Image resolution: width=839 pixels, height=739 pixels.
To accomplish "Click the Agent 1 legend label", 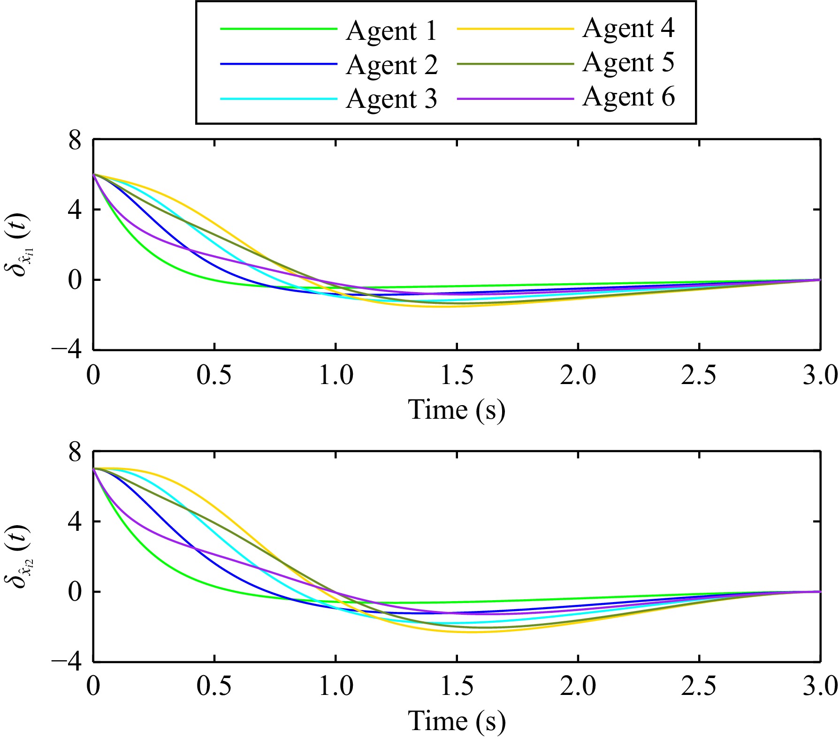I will (391, 31).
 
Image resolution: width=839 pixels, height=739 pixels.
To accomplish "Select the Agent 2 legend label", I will (392, 65).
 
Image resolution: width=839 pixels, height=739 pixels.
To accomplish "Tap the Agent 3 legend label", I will (391, 99).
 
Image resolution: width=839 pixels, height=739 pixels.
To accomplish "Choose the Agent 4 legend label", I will (628, 29).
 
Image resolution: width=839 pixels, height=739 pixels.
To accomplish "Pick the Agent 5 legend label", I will (628, 63).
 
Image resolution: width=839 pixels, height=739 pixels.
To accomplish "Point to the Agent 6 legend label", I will (628, 97).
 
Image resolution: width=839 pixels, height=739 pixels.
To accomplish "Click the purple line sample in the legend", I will (515, 99).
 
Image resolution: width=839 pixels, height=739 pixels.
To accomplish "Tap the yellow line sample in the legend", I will (515, 29).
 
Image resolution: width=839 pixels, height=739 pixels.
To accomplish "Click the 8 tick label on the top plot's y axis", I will (75, 140).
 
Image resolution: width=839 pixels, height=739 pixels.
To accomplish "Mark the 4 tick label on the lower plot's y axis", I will (75, 522).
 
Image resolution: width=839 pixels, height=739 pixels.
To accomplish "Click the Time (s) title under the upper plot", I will (457, 410).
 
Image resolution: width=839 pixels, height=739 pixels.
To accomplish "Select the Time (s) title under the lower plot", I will (457, 721).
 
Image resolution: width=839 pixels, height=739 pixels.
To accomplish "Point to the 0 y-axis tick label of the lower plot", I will (75, 592).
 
